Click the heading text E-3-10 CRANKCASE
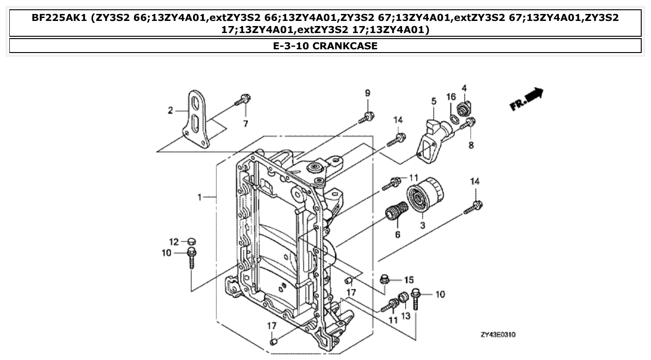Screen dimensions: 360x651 click(325, 46)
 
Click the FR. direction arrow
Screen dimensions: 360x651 click(526, 99)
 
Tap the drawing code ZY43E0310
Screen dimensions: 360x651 click(498, 334)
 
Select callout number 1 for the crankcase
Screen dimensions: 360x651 click(199, 197)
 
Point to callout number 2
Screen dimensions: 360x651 click(170, 110)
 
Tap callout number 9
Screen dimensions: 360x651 click(367, 93)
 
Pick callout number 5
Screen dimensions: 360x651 click(433, 100)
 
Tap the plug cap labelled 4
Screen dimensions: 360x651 click(464, 110)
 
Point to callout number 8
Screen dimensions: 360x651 click(471, 146)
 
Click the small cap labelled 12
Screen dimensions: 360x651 click(191, 241)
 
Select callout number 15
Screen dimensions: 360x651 click(408, 280)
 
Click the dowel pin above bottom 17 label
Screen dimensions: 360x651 click(273, 342)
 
